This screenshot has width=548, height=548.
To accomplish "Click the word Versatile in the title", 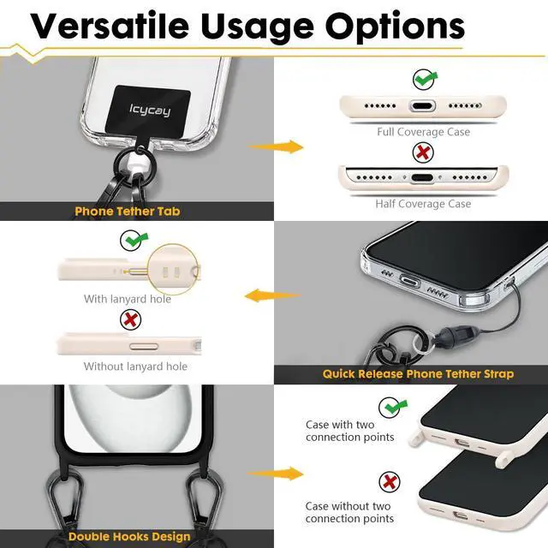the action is pos(110,26).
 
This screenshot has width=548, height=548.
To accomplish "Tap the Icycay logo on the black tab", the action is pos(150,110).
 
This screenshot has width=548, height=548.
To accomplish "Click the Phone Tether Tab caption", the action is pos(128,211).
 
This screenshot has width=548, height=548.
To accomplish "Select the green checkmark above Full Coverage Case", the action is pos(425,80).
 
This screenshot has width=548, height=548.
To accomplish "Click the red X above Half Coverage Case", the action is pos(423,152).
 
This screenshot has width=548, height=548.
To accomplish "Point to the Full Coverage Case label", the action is pos(423,132).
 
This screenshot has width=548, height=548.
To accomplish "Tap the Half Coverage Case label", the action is pos(423,204).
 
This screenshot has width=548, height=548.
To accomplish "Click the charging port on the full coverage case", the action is pos(422,105).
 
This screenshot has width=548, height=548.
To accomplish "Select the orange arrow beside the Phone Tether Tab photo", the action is pos(276,146).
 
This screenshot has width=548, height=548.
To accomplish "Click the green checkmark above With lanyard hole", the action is pos(134,240).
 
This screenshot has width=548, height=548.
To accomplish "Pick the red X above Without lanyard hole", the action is pos(130,319).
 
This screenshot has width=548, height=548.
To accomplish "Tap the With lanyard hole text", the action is pos(128,299).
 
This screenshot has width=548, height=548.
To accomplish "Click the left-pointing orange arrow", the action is pos(272,295).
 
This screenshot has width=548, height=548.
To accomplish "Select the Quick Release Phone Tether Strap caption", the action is pos(418,374).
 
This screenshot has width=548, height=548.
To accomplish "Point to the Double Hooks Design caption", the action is pos(129,537).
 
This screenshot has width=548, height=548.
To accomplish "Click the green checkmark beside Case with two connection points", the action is pos(392,408).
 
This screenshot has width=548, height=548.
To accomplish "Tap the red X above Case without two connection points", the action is pos(390,482).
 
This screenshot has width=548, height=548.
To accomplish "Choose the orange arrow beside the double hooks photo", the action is pos(276,474).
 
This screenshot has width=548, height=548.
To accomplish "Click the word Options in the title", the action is pos(396,27).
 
